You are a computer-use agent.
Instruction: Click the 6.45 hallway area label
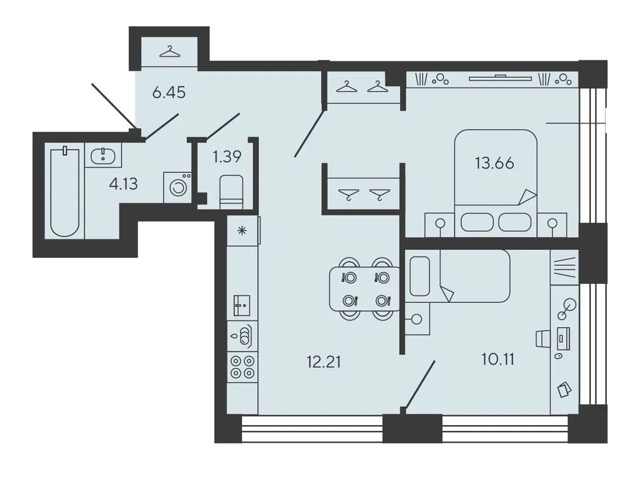pos(169,93)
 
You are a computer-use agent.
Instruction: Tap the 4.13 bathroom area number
pos(124,184)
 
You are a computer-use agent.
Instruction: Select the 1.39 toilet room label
pos(227,156)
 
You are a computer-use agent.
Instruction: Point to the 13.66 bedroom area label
pos(495,163)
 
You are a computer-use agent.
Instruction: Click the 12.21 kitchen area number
pos(324,362)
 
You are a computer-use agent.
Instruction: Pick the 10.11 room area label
pos(498,359)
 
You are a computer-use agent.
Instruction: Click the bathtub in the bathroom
pos(65,193)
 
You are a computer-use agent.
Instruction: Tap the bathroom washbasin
pos(103,156)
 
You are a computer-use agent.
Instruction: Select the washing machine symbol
pos(177,187)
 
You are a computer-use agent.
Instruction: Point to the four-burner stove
pos(242,367)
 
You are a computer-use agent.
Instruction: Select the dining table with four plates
pos(364,289)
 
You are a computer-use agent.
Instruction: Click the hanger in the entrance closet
pos(170,52)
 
